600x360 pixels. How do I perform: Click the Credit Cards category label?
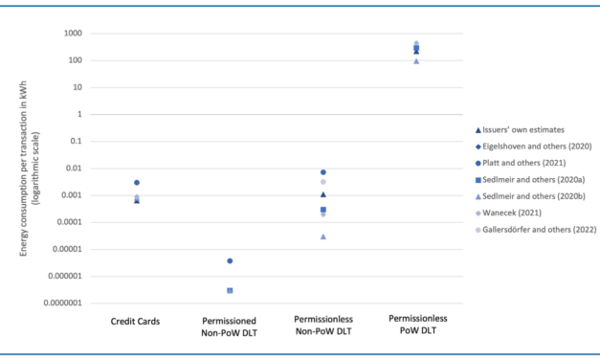pos(136,321)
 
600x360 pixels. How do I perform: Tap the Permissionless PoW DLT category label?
pos(416,326)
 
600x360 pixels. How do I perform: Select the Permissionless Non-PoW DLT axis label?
pos(323,326)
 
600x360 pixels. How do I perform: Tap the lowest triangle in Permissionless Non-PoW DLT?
pos(323,236)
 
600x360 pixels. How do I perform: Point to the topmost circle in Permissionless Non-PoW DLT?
pos(323,172)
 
